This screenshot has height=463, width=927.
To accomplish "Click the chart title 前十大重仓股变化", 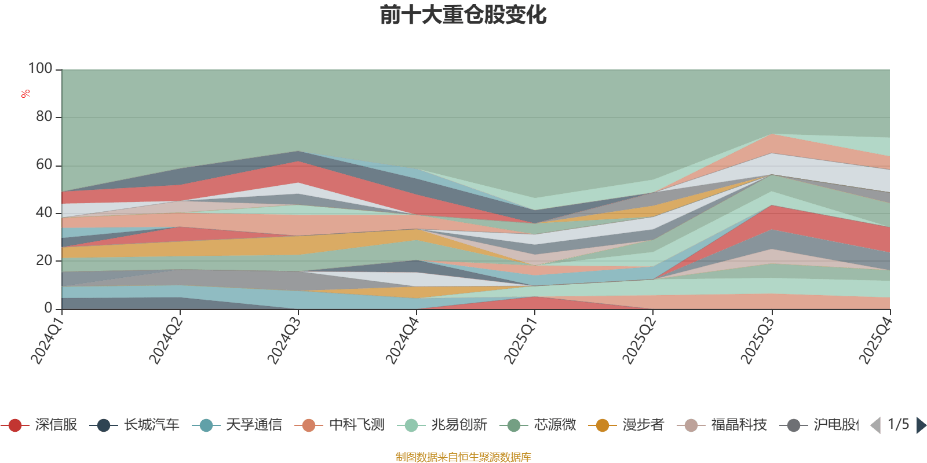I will pos(463,15).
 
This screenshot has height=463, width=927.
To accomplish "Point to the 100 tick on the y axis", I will pos(41,68).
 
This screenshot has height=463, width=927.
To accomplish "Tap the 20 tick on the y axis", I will pos(44,260).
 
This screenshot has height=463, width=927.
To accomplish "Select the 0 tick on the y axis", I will pos(48,308).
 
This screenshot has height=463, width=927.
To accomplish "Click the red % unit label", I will pos(25,94).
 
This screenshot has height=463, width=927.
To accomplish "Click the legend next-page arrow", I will pos(921,425).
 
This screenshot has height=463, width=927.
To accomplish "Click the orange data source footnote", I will pos(463,457).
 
